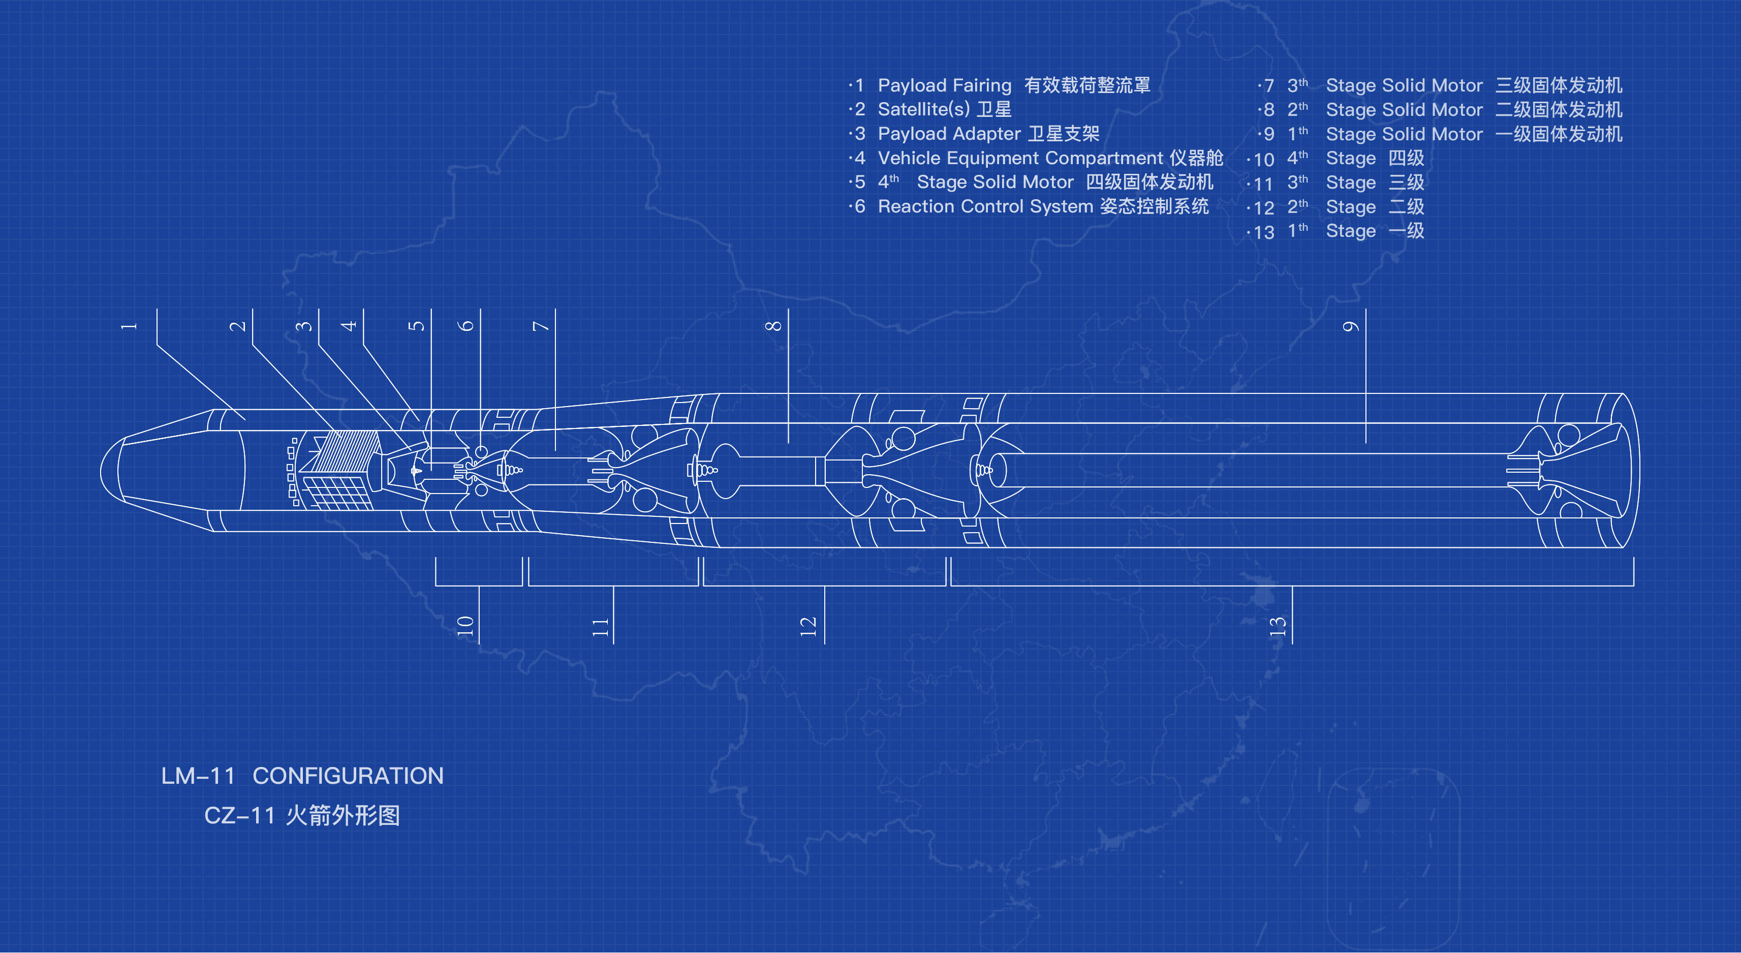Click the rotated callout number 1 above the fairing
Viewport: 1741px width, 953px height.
(129, 326)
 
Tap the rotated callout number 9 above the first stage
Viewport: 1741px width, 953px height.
(1350, 326)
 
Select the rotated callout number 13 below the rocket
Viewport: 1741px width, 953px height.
(1278, 626)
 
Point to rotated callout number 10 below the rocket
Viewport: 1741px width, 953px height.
(465, 626)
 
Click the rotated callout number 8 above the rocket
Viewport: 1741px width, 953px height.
(773, 326)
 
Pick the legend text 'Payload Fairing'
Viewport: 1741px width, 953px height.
(944, 86)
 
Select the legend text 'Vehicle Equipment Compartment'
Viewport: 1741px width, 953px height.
(1020, 158)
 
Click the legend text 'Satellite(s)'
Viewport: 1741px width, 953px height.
(923, 109)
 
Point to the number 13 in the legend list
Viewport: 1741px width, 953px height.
(1263, 232)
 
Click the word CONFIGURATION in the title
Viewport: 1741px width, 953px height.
(348, 776)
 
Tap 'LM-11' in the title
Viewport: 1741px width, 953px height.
(198, 776)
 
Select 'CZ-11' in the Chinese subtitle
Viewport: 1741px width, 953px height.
(239, 816)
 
